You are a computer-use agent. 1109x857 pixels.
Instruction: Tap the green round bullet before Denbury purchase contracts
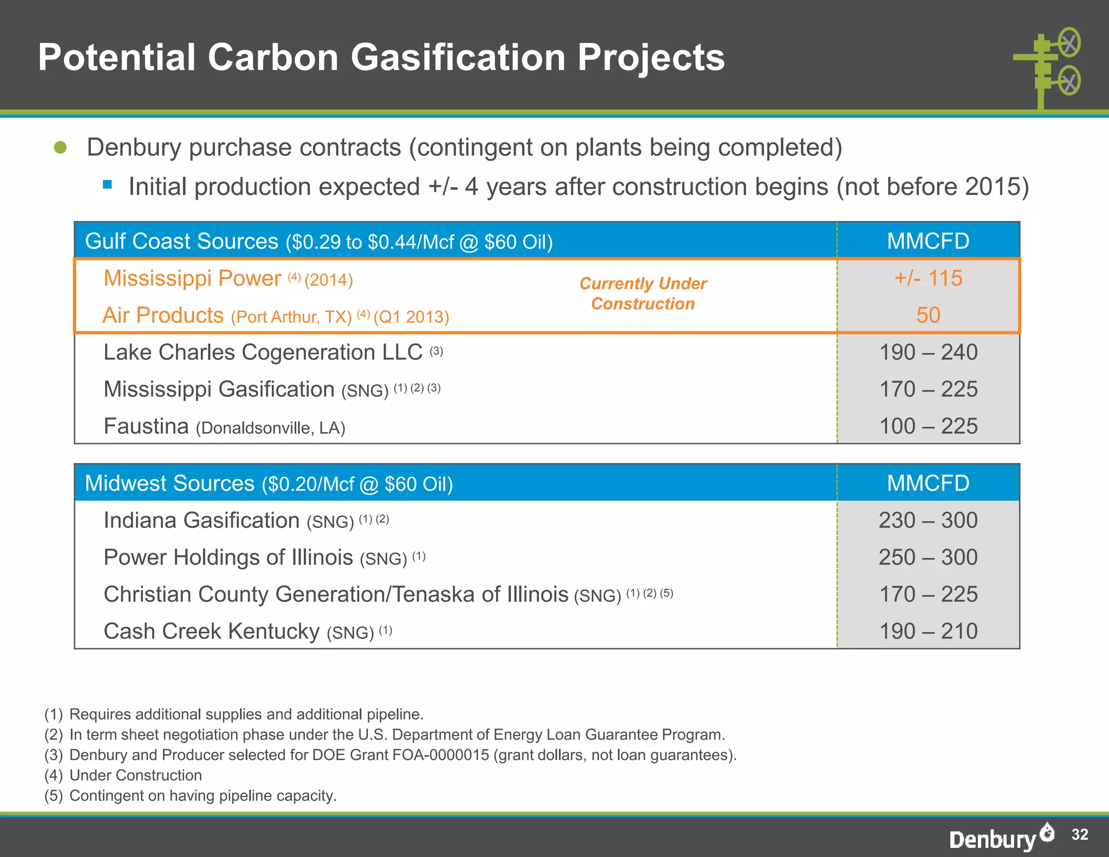61,147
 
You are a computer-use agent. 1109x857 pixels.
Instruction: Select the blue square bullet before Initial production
107,185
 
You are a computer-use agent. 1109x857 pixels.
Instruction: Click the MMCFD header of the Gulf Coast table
928,241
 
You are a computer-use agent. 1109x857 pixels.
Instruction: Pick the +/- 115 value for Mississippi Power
928,278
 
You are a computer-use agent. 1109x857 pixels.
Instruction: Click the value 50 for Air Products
928,315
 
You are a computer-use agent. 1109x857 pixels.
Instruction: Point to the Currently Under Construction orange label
643,294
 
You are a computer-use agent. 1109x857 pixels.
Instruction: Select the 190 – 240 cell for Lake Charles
928,352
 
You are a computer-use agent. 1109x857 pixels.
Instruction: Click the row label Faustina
146,426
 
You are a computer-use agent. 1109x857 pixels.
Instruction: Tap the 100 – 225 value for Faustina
928,426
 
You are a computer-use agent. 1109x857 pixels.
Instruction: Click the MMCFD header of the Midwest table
928,483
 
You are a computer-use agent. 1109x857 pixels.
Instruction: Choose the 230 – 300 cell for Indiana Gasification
928,520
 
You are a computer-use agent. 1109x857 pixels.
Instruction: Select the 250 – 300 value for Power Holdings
928,557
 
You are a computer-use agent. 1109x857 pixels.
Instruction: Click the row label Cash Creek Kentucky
211,632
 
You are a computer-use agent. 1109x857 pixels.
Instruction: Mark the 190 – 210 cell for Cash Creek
928,631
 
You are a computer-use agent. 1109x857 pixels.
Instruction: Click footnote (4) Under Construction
123,775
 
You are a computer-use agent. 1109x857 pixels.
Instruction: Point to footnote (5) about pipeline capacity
191,796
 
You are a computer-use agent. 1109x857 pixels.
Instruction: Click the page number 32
1079,834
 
